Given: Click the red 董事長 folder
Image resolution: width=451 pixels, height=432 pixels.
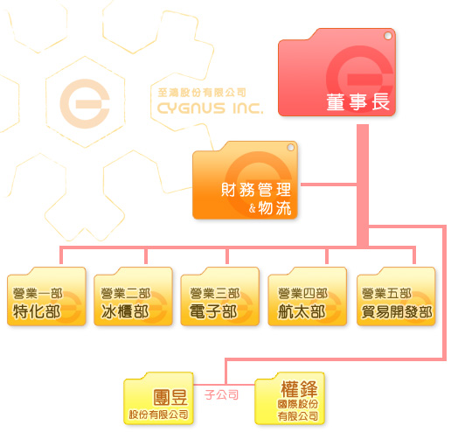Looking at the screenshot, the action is pyautogui.click(x=337, y=73).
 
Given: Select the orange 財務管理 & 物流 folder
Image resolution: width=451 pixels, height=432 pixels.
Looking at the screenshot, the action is pyautogui.click(x=245, y=180).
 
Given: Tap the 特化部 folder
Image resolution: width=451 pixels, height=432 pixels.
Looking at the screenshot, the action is pyautogui.click(x=46, y=296).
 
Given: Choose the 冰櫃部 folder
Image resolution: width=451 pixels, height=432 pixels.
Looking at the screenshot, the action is pyautogui.click(x=133, y=296).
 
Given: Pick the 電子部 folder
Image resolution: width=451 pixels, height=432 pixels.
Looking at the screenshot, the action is pyautogui.click(x=220, y=296).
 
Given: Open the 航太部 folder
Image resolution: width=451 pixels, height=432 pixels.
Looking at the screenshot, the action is pyautogui.click(x=308, y=296).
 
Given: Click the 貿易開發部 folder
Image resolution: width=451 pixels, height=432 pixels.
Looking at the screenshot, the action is pyautogui.click(x=396, y=296).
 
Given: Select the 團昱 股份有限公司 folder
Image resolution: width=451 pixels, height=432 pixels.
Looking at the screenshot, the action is pyautogui.click(x=158, y=398).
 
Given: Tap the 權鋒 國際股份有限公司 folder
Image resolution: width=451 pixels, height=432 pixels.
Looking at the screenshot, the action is pyautogui.click(x=289, y=398).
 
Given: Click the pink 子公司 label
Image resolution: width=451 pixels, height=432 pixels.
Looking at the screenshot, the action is pyautogui.click(x=221, y=395).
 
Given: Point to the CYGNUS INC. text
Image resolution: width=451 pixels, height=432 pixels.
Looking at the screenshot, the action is pyautogui.click(x=210, y=108).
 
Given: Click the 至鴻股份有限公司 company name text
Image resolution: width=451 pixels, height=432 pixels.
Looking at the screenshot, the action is pyautogui.click(x=202, y=93).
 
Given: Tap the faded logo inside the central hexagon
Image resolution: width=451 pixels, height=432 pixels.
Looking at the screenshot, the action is pyautogui.click(x=85, y=103).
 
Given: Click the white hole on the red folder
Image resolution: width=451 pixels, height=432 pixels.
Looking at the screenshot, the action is pyautogui.click(x=388, y=36).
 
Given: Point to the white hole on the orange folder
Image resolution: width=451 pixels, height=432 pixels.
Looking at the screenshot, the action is pyautogui.click(x=290, y=148).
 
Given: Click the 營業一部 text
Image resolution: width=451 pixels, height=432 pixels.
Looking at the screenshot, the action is pyautogui.click(x=38, y=293).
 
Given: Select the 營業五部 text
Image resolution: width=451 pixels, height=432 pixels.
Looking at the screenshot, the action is pyautogui.click(x=387, y=293).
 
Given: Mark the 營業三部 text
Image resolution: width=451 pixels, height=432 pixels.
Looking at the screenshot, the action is pyautogui.click(x=215, y=293).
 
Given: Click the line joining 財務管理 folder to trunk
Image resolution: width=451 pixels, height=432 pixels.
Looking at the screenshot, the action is pyautogui.click(x=329, y=185).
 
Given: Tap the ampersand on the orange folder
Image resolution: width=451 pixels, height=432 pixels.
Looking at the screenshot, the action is pyautogui.click(x=253, y=208).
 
